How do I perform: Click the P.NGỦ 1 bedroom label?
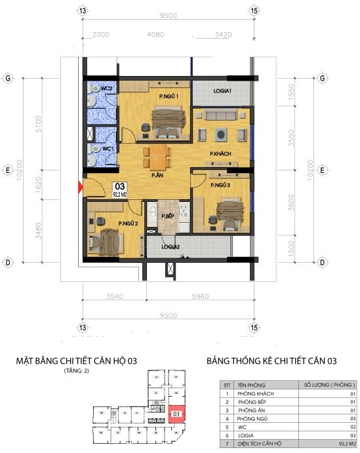[x=169, y=97]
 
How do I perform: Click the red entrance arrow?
[x=81, y=187]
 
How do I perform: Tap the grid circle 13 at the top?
[x=82, y=11]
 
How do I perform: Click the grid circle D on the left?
[x=9, y=262]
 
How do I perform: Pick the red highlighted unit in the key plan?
[x=175, y=414]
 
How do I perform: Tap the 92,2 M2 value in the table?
[x=342, y=443]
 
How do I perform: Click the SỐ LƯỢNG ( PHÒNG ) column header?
[x=327, y=385]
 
